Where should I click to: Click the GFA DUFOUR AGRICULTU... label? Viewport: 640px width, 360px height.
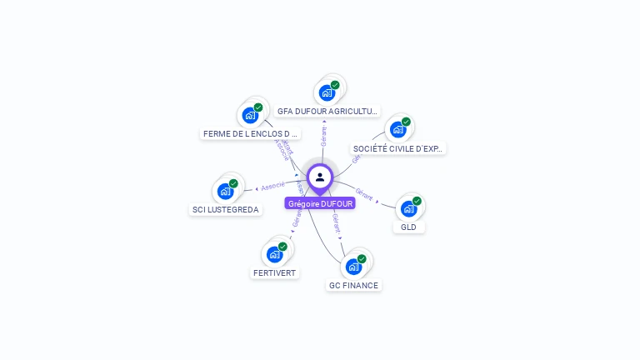pyautogui.click(x=327, y=110)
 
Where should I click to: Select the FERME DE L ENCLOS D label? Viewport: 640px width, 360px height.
pyautogui.click(x=251, y=133)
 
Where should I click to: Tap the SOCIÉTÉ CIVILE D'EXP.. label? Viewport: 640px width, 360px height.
pyautogui.click(x=398, y=148)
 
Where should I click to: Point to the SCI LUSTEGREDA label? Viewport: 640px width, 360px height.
pyautogui.click(x=225, y=210)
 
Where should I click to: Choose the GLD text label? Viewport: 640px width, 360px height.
pyautogui.click(x=408, y=227)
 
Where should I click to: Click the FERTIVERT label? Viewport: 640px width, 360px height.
pyautogui.click(x=274, y=272)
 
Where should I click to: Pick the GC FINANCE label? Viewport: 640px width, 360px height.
pyautogui.click(x=353, y=285)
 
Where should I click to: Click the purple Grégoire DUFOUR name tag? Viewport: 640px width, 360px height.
pyautogui.click(x=320, y=203)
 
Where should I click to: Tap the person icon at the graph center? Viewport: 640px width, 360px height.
pyautogui.click(x=320, y=177)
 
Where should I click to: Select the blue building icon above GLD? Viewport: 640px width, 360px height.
pyautogui.click(x=408, y=208)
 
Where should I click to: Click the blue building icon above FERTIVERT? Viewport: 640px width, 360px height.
pyautogui.click(x=274, y=254)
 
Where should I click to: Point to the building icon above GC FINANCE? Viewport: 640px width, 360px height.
pyautogui.click(x=353, y=267)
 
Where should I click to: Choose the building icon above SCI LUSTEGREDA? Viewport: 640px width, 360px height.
pyautogui.click(x=225, y=191)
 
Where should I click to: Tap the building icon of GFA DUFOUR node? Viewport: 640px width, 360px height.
pyautogui.click(x=327, y=92)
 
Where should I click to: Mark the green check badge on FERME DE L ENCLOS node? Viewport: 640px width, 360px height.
pyautogui.click(x=258, y=107)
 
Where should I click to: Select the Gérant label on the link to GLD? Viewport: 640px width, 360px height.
pyautogui.click(x=364, y=193)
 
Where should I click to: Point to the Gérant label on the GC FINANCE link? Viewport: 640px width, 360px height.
pyautogui.click(x=336, y=222)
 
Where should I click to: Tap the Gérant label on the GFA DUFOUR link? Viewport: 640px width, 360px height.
pyautogui.click(x=323, y=137)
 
